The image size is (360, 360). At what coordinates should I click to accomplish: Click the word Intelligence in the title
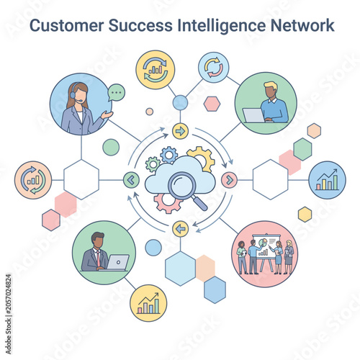click(222, 26)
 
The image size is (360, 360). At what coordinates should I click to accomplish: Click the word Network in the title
click(302, 25)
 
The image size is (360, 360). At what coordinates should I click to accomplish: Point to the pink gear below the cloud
click(166, 204)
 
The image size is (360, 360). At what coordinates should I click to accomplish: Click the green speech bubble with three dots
click(117, 92)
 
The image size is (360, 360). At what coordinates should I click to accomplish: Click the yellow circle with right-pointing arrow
click(180, 131)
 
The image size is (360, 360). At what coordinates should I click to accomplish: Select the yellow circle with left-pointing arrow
click(180, 229)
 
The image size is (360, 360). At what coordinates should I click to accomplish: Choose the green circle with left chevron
click(131, 180)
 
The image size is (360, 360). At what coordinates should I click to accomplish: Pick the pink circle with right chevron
click(229, 180)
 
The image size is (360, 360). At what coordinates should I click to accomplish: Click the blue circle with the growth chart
click(327, 180)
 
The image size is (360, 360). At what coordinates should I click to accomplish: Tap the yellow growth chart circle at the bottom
click(148, 303)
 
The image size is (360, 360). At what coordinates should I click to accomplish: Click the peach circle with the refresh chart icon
click(33, 180)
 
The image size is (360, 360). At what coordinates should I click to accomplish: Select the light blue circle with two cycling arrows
click(214, 68)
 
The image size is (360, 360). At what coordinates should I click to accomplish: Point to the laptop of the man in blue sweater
click(253, 115)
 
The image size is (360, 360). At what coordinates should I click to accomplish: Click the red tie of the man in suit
click(99, 258)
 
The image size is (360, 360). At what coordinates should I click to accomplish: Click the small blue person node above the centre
click(180, 103)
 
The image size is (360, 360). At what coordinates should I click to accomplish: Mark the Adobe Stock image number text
click(9, 314)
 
